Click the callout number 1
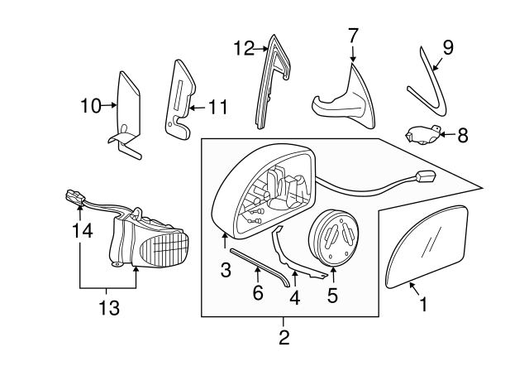point(423,305)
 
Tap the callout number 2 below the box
point(284,338)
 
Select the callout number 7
point(353,36)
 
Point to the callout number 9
point(447,48)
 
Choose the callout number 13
point(109,308)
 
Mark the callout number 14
point(79,234)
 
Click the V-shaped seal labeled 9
point(431,84)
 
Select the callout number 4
point(296,295)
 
